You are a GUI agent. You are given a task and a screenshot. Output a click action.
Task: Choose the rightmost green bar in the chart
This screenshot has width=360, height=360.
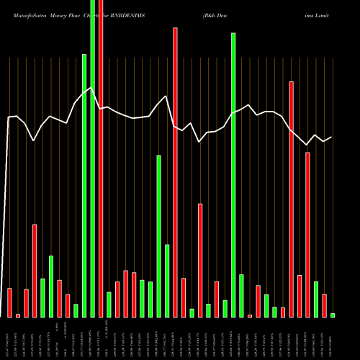pos(333,315)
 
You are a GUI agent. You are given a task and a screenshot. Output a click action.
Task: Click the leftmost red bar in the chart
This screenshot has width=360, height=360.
pos(9,302)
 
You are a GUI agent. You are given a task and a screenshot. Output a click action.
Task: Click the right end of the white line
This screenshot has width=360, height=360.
pos(332,137)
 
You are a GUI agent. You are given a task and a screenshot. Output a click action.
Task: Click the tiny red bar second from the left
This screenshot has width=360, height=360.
pos(18,315)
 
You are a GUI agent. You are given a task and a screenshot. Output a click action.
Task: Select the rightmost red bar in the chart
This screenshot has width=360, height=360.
pos(324,305)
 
